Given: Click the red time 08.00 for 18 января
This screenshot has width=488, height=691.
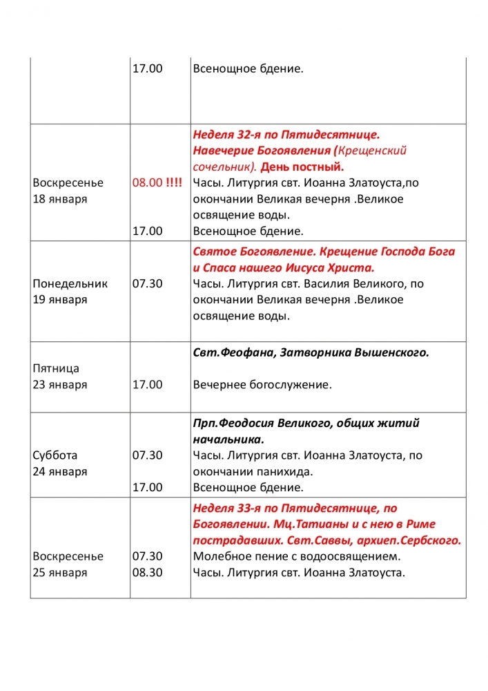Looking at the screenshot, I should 147,182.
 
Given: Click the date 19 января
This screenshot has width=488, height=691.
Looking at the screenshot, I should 60,300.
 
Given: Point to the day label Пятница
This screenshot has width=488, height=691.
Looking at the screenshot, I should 56,368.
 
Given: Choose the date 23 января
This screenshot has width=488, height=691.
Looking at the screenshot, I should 60,385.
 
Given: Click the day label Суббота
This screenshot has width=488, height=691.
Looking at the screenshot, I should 55,455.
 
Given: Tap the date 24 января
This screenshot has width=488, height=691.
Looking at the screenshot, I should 60,472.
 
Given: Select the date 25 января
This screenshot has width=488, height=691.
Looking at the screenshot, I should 60,573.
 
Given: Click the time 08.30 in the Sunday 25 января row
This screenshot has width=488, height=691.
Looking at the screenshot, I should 147,573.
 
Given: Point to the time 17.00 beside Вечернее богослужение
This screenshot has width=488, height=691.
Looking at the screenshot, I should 147,385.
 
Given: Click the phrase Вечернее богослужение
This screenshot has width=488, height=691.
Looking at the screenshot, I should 262,385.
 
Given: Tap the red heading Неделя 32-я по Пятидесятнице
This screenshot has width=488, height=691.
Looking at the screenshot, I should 286,133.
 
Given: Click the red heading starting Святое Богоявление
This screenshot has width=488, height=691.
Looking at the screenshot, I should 324,251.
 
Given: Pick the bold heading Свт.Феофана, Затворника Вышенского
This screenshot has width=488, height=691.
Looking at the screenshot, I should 311,352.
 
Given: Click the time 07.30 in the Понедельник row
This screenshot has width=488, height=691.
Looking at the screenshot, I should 147,283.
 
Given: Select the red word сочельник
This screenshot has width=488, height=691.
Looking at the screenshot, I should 223,167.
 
